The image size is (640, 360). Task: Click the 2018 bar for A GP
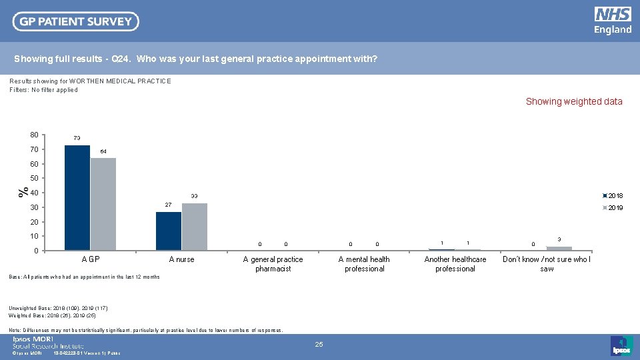coord(77,198)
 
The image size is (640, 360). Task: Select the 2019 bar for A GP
coord(103,204)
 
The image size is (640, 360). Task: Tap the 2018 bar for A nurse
coord(168,231)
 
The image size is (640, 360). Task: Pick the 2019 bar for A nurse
coord(194,227)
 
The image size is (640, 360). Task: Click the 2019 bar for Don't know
coord(559,248)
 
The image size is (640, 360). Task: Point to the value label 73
coord(77,138)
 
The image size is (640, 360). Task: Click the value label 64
coord(103,152)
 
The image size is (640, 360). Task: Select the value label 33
coord(195,197)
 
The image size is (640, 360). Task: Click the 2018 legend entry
coord(613,196)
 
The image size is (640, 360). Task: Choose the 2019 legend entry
coord(613,208)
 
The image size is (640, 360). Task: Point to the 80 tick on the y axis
coord(34,135)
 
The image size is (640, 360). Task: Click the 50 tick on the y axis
coord(34,179)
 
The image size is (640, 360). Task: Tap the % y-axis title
coord(23,192)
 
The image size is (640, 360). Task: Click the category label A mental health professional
coord(364,264)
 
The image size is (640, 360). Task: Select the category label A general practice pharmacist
coord(273,264)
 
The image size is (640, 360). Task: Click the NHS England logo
coord(613,21)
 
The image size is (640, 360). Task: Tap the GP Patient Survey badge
coord(76,21)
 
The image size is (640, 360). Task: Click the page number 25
coord(319,344)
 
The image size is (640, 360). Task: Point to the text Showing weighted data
coord(574,102)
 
